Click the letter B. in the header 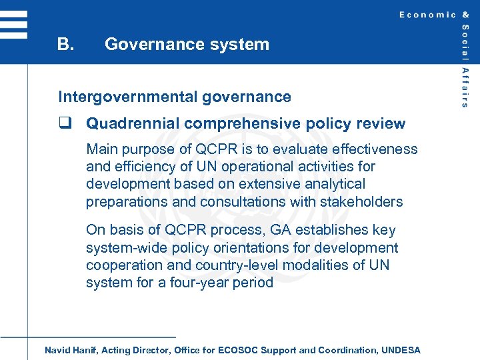click(65, 45)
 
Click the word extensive click(257, 184)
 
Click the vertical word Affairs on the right click(465, 87)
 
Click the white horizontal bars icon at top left click(13, 25)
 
